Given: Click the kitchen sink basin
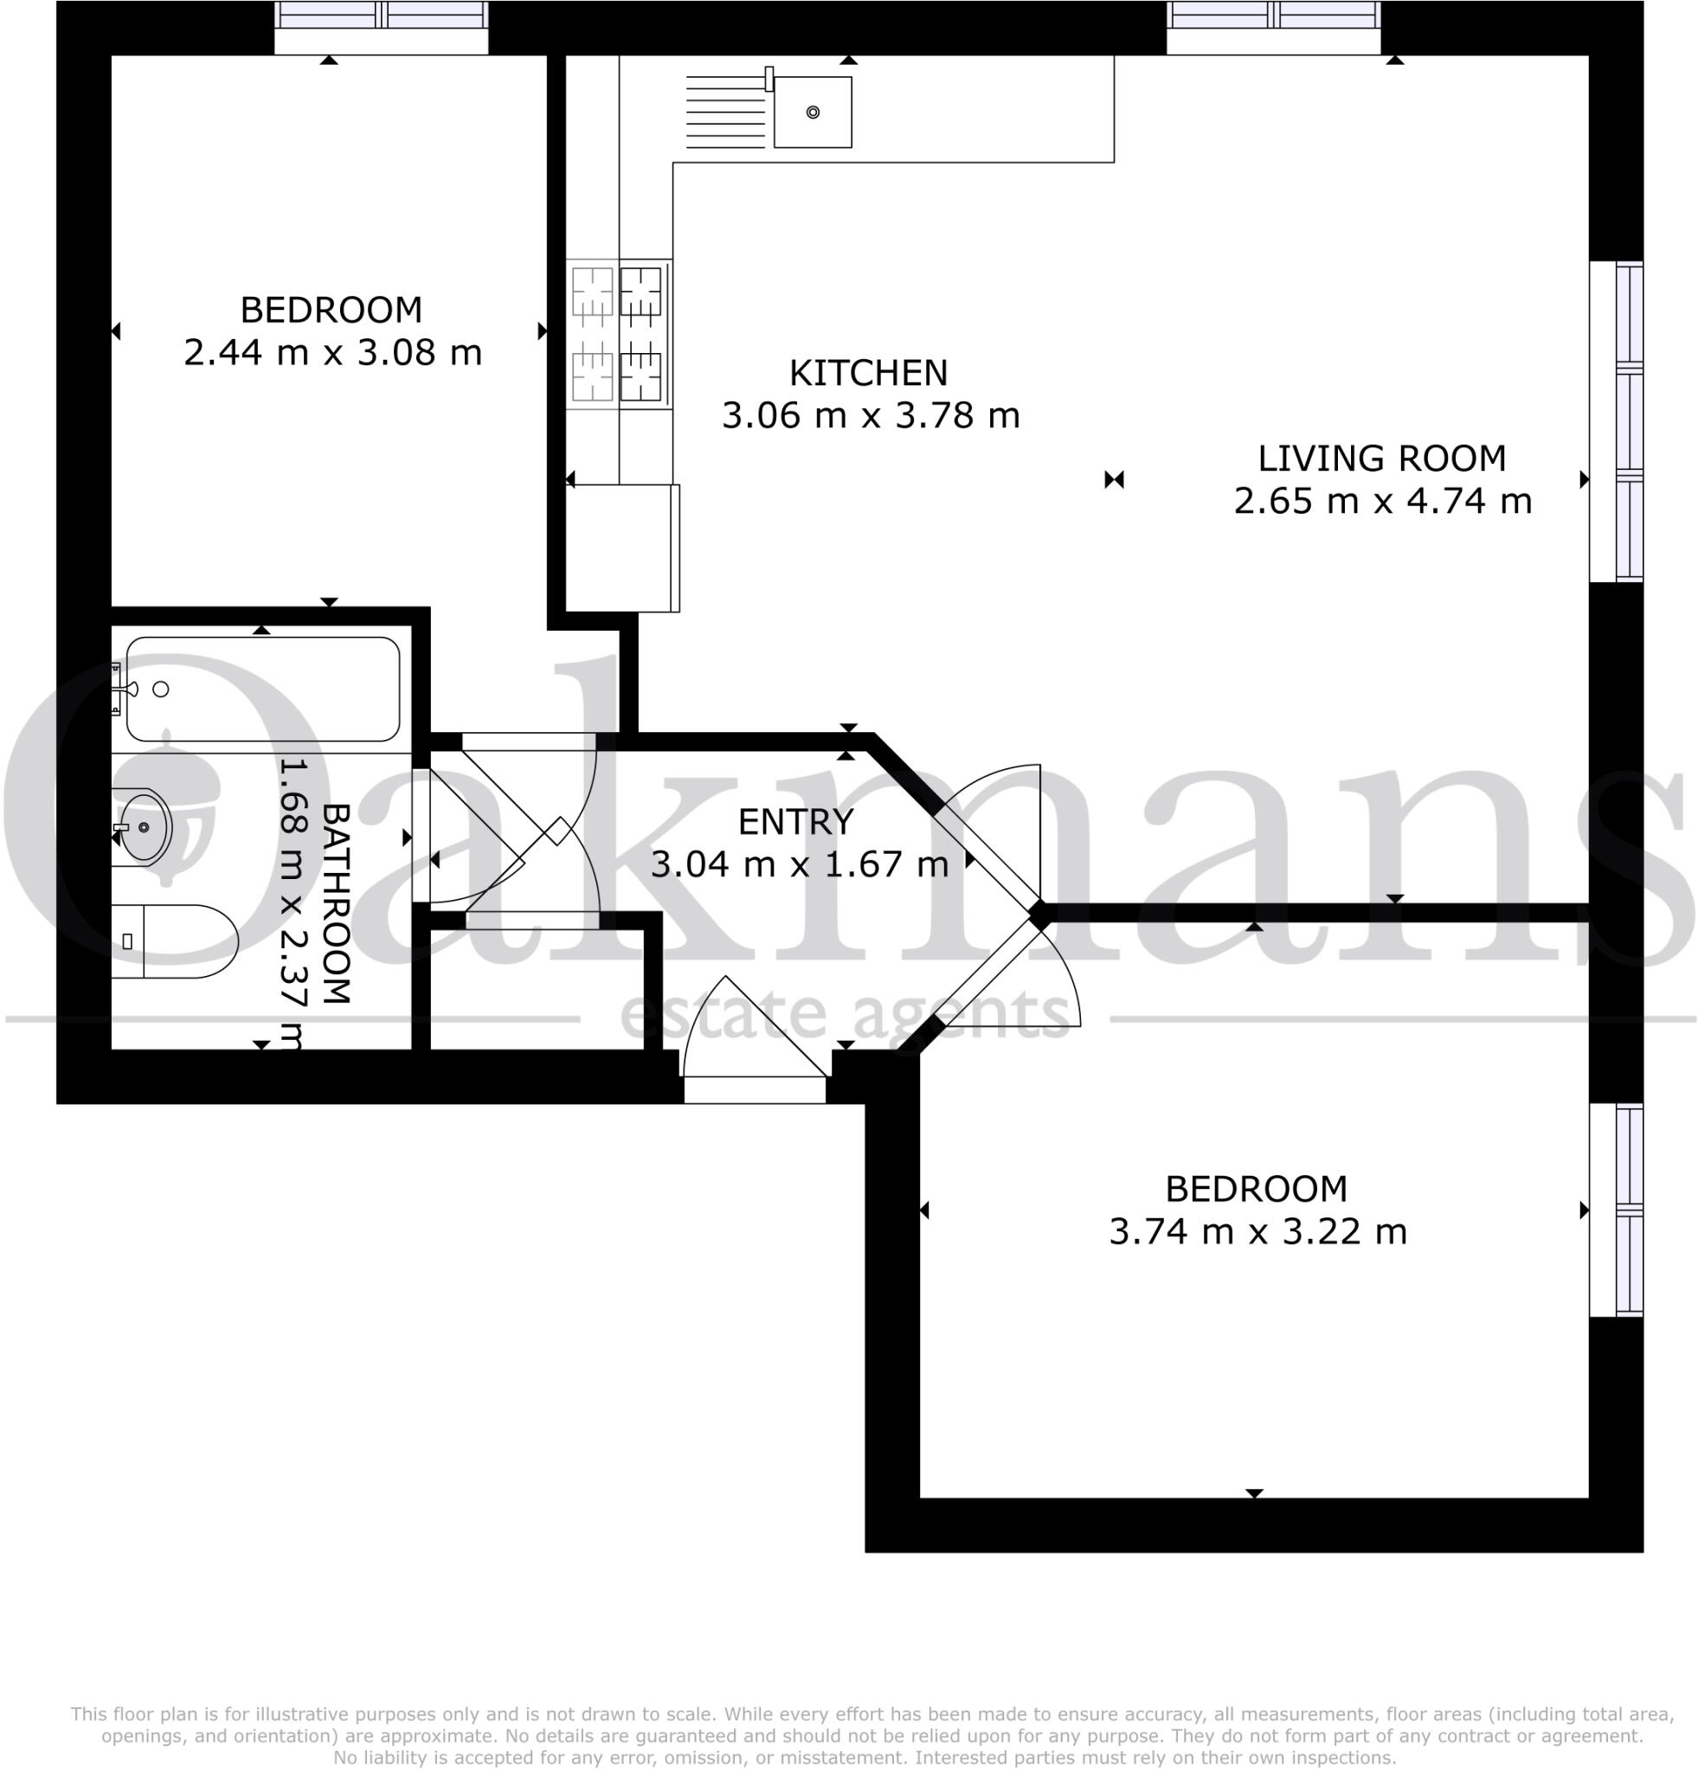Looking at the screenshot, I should [812, 112].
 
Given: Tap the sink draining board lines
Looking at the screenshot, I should [725, 112].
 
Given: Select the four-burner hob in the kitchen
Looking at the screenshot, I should [619, 334].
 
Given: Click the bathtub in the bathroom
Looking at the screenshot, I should [262, 690].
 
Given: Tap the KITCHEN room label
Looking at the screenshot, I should [868, 372].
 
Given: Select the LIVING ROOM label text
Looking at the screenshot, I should [1380, 459].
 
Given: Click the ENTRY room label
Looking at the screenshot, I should [794, 822].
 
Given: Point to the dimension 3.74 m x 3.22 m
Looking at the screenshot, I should [1257, 1231].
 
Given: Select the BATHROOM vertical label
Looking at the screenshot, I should [336, 903].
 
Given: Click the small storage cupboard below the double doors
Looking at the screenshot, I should [537, 990].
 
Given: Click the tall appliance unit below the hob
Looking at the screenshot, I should [622, 548].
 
